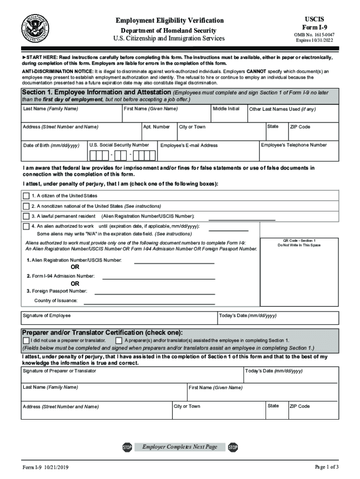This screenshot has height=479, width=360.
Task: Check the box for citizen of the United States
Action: click(x=26, y=196)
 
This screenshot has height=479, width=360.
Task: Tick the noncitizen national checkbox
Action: click(x=26, y=206)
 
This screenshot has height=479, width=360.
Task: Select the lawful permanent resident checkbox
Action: click(x=26, y=216)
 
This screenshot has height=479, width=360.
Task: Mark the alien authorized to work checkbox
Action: click(x=26, y=226)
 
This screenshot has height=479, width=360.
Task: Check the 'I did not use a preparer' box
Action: click(x=26, y=340)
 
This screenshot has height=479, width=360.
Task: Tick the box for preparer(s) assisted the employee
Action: click(x=119, y=340)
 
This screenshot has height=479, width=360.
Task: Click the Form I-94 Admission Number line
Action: click(x=158, y=278)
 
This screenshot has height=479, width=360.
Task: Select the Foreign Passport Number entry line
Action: click(x=155, y=293)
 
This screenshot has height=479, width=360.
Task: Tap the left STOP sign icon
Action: click(x=127, y=448)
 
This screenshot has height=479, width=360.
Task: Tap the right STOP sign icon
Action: click(x=233, y=448)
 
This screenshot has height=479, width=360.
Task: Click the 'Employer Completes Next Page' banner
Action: click(x=180, y=447)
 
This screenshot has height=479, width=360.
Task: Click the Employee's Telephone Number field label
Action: click(x=294, y=145)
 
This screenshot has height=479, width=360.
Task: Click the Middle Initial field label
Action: click(x=226, y=109)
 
